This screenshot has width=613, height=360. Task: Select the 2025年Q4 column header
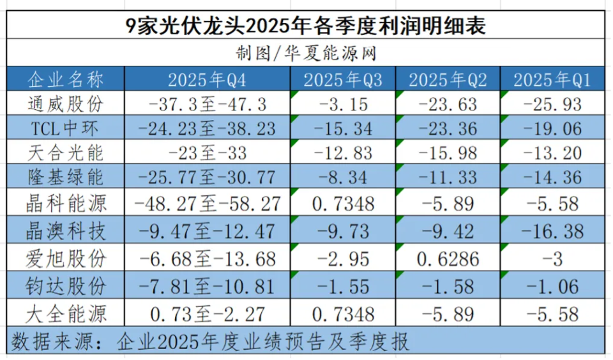[207, 80]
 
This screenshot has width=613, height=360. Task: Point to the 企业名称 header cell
[65, 80]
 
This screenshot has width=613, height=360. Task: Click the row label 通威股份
[65, 103]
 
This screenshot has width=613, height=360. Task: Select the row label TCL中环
[65, 128]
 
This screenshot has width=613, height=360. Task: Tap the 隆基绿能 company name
[65, 177]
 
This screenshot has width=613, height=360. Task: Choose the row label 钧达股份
[65, 285]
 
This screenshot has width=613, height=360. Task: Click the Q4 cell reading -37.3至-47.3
[207, 103]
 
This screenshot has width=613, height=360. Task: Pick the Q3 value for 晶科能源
[342, 204]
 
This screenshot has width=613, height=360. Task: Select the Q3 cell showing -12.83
[342, 153]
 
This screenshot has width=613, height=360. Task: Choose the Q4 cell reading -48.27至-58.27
[207, 204]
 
